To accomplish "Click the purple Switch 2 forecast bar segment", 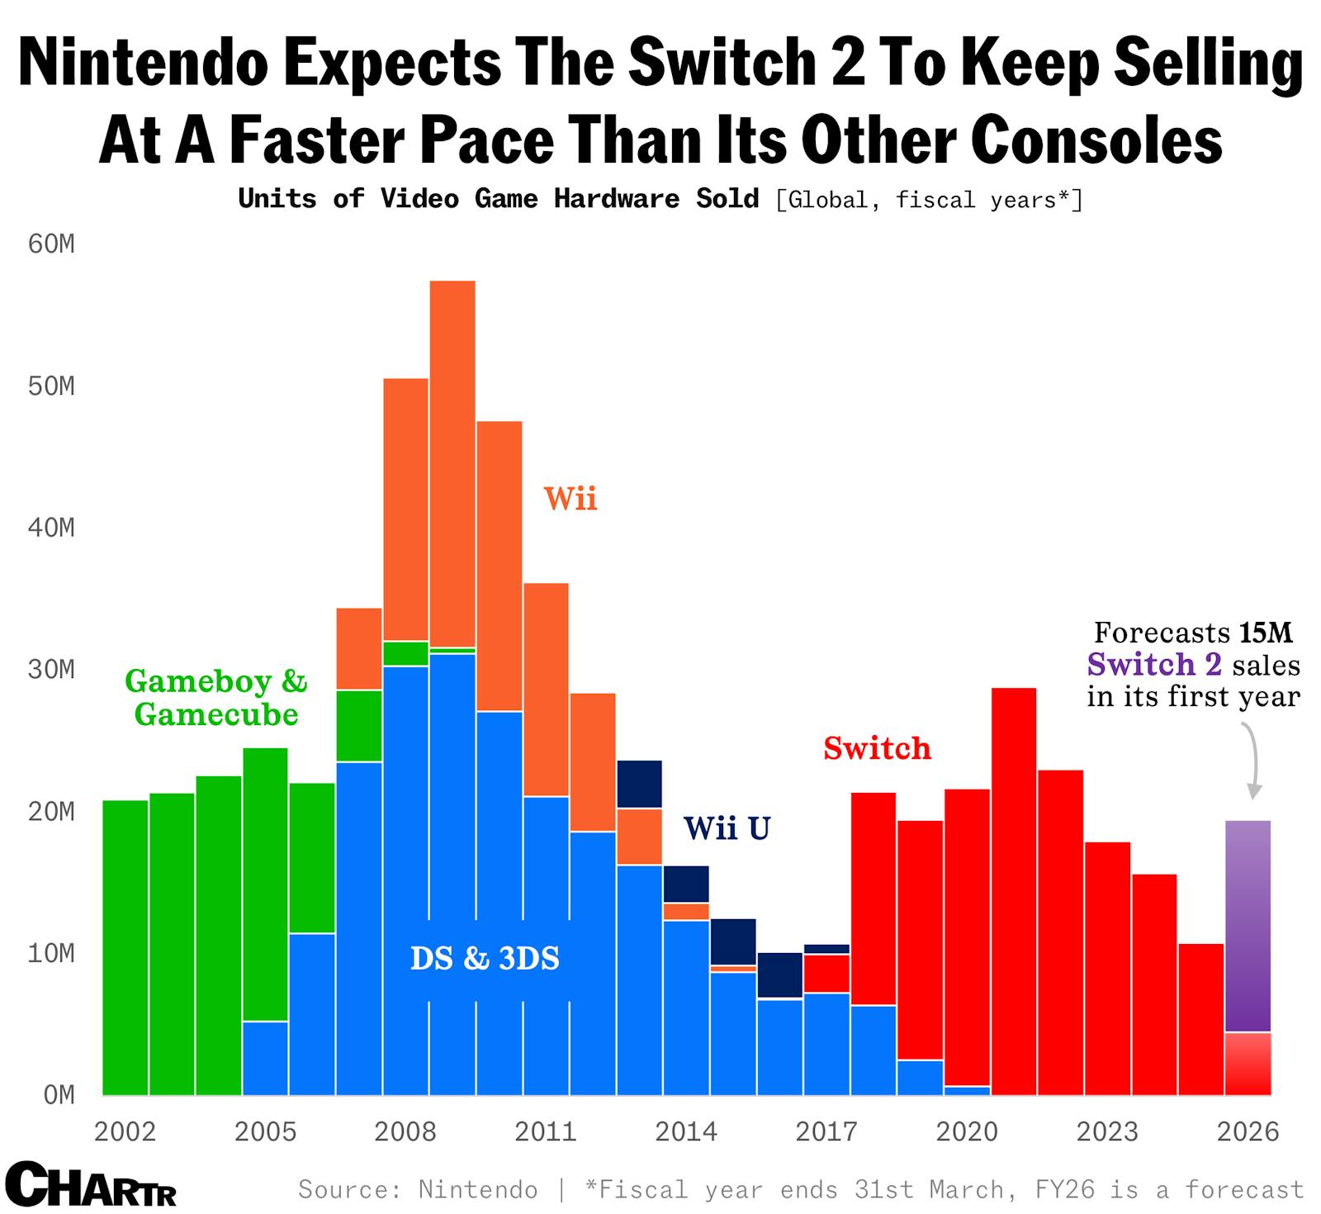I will (1248, 925).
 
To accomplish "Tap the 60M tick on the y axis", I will (51, 244).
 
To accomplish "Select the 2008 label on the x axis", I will (405, 1131).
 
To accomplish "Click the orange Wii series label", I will (570, 499).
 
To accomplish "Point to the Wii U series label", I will (727, 828).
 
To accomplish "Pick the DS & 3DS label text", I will (485, 958).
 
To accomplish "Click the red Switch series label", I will (877, 748).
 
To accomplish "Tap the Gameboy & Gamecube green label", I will (215, 698).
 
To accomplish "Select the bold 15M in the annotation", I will (1265, 633).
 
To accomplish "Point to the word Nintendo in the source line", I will (477, 1189).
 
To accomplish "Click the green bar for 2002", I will (125, 950).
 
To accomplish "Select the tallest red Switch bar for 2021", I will (1014, 892).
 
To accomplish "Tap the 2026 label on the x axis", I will (1248, 1131).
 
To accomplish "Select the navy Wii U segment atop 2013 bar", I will (639, 784).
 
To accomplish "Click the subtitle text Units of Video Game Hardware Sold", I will (498, 199).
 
